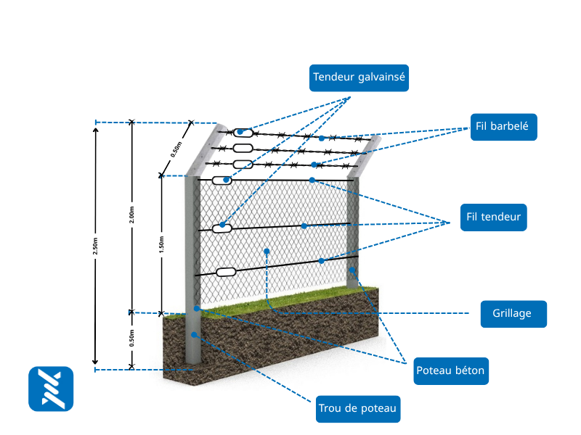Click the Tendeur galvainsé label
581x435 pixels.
(359, 77)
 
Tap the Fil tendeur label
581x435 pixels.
(493, 217)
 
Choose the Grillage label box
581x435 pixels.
(513, 314)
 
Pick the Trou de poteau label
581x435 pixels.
(358, 409)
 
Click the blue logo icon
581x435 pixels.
(51, 389)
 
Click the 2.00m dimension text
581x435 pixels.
(132, 216)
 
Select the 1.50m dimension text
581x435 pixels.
(161, 244)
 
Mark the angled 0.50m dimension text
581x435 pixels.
(176, 149)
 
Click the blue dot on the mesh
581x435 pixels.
(267, 251)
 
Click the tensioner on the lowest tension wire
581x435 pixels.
(226, 272)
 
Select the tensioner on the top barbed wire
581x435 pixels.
(244, 133)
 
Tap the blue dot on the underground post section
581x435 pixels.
(194, 335)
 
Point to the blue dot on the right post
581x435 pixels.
(352, 270)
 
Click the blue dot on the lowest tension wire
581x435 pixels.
(321, 261)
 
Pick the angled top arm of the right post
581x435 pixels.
(367, 154)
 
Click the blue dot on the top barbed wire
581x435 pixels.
(322, 138)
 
